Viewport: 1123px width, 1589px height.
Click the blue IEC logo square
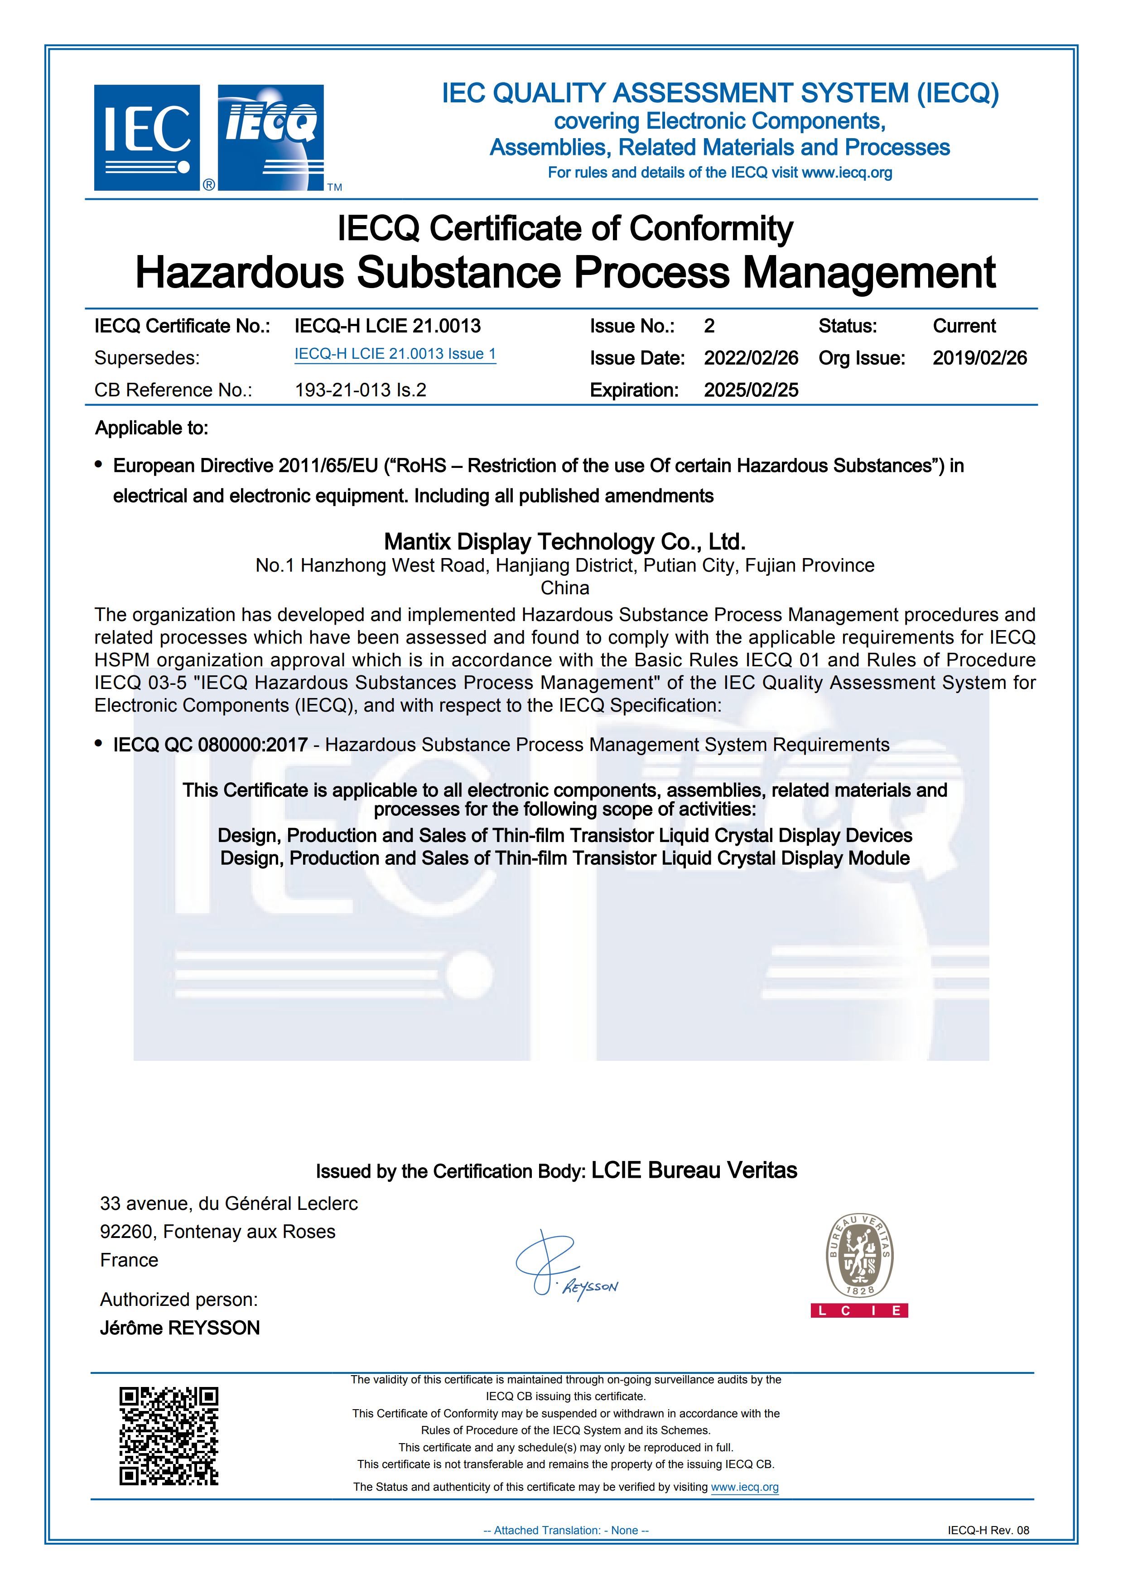147,138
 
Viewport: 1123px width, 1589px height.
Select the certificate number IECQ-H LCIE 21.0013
387,326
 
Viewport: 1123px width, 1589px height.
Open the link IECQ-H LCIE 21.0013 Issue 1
395,354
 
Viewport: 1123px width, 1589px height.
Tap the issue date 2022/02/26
751,358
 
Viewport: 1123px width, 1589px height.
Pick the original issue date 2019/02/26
979,358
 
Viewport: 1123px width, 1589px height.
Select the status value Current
964,326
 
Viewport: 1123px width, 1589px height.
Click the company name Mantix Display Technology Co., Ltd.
564,541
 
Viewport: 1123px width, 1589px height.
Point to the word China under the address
564,588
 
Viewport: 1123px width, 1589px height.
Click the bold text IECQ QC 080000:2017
210,745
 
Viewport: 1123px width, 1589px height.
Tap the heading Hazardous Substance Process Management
564,272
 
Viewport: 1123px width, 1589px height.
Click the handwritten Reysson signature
564,1266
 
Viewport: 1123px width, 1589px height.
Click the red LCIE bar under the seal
859,1310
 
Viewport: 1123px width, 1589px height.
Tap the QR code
169,1435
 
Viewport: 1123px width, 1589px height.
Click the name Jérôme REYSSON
180,1327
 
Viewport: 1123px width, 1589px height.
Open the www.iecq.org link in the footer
745,1487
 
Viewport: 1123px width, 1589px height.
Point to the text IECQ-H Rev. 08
988,1530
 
